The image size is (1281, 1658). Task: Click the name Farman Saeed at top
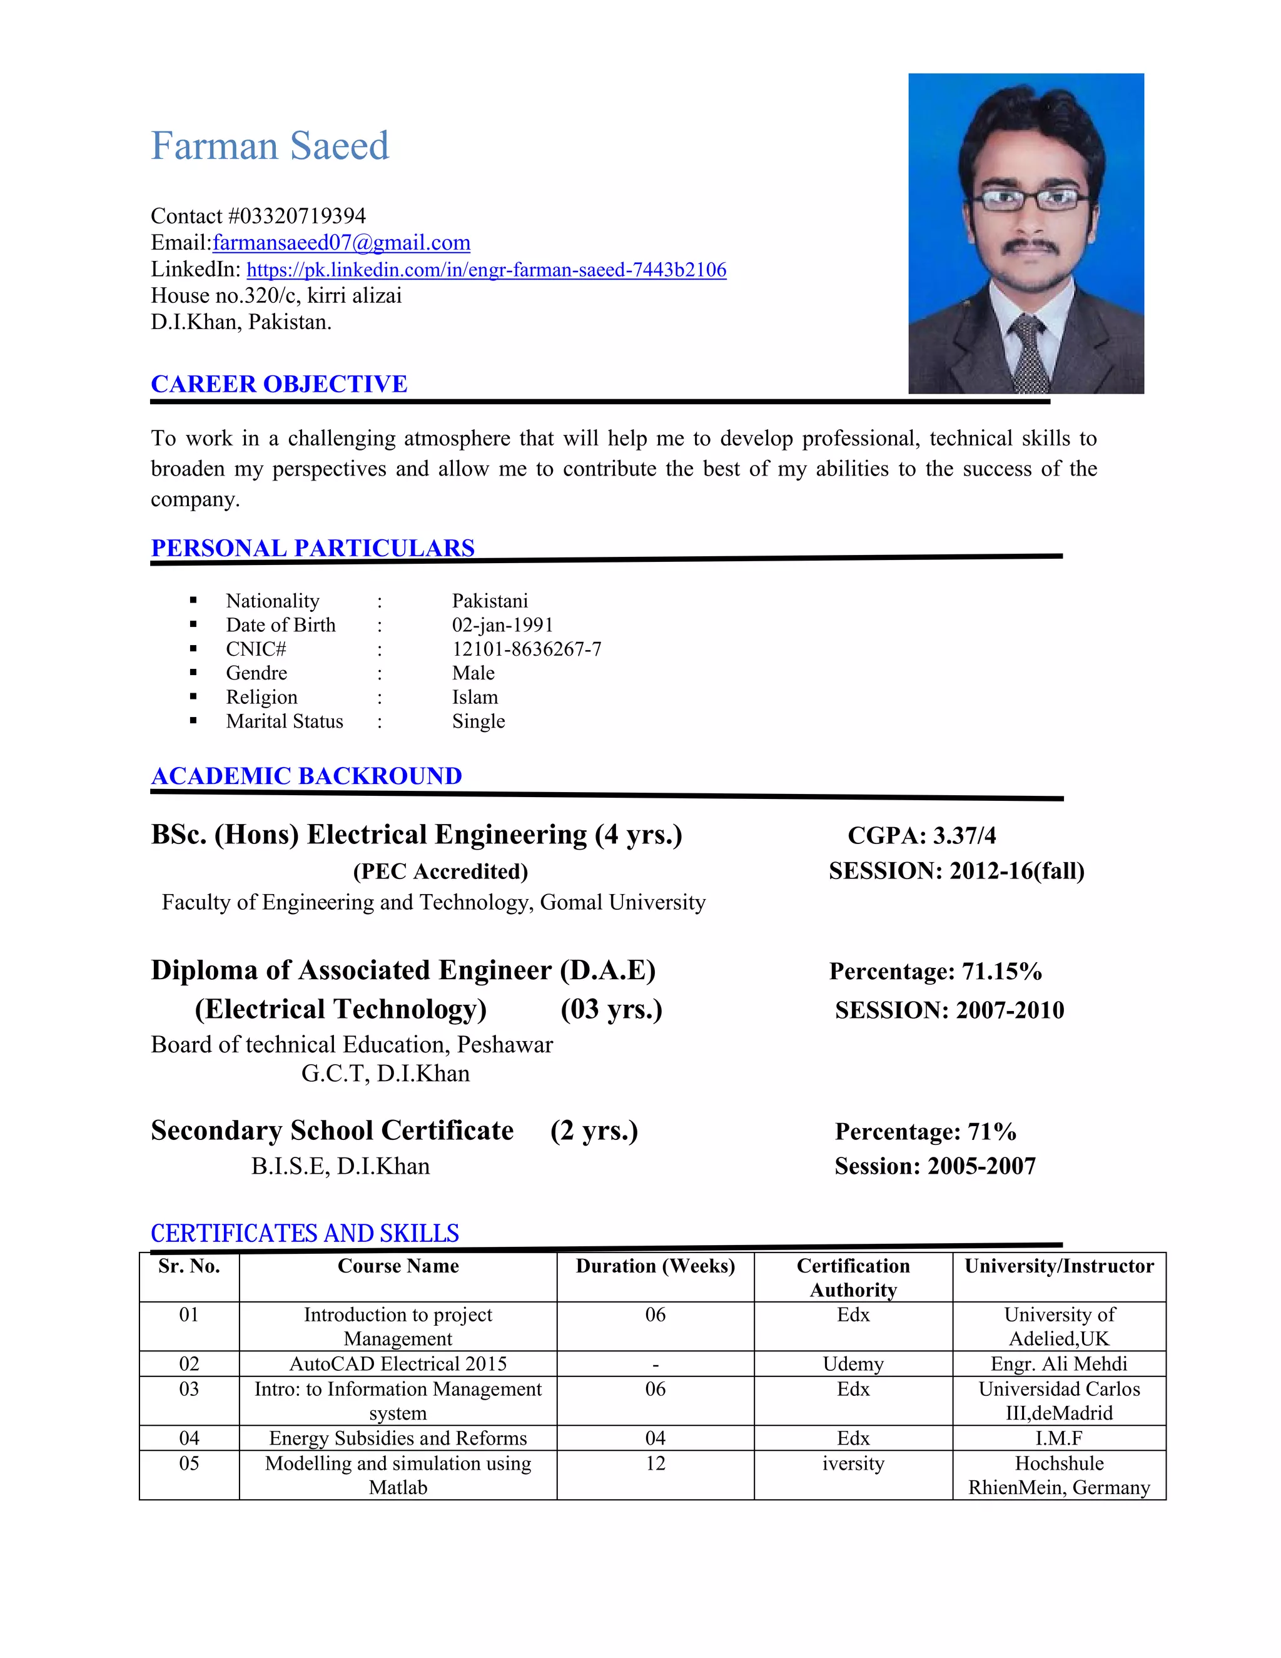point(270,146)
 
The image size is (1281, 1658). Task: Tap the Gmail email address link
point(341,243)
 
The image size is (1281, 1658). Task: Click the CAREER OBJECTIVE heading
point(278,384)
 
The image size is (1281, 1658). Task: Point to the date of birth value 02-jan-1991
point(502,625)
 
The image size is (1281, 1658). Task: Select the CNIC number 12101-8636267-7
point(526,649)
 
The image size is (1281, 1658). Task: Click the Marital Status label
point(284,721)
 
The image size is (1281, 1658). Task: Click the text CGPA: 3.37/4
point(921,836)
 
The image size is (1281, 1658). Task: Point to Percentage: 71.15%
point(935,972)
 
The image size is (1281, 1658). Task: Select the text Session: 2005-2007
point(934,1166)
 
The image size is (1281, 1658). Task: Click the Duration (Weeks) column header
point(655,1266)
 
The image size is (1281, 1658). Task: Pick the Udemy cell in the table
point(853,1364)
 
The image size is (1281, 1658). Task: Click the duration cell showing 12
point(655,1463)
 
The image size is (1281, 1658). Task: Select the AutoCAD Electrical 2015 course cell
point(398,1364)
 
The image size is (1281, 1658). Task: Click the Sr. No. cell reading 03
point(189,1389)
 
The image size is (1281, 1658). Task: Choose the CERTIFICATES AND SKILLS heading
point(305,1234)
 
